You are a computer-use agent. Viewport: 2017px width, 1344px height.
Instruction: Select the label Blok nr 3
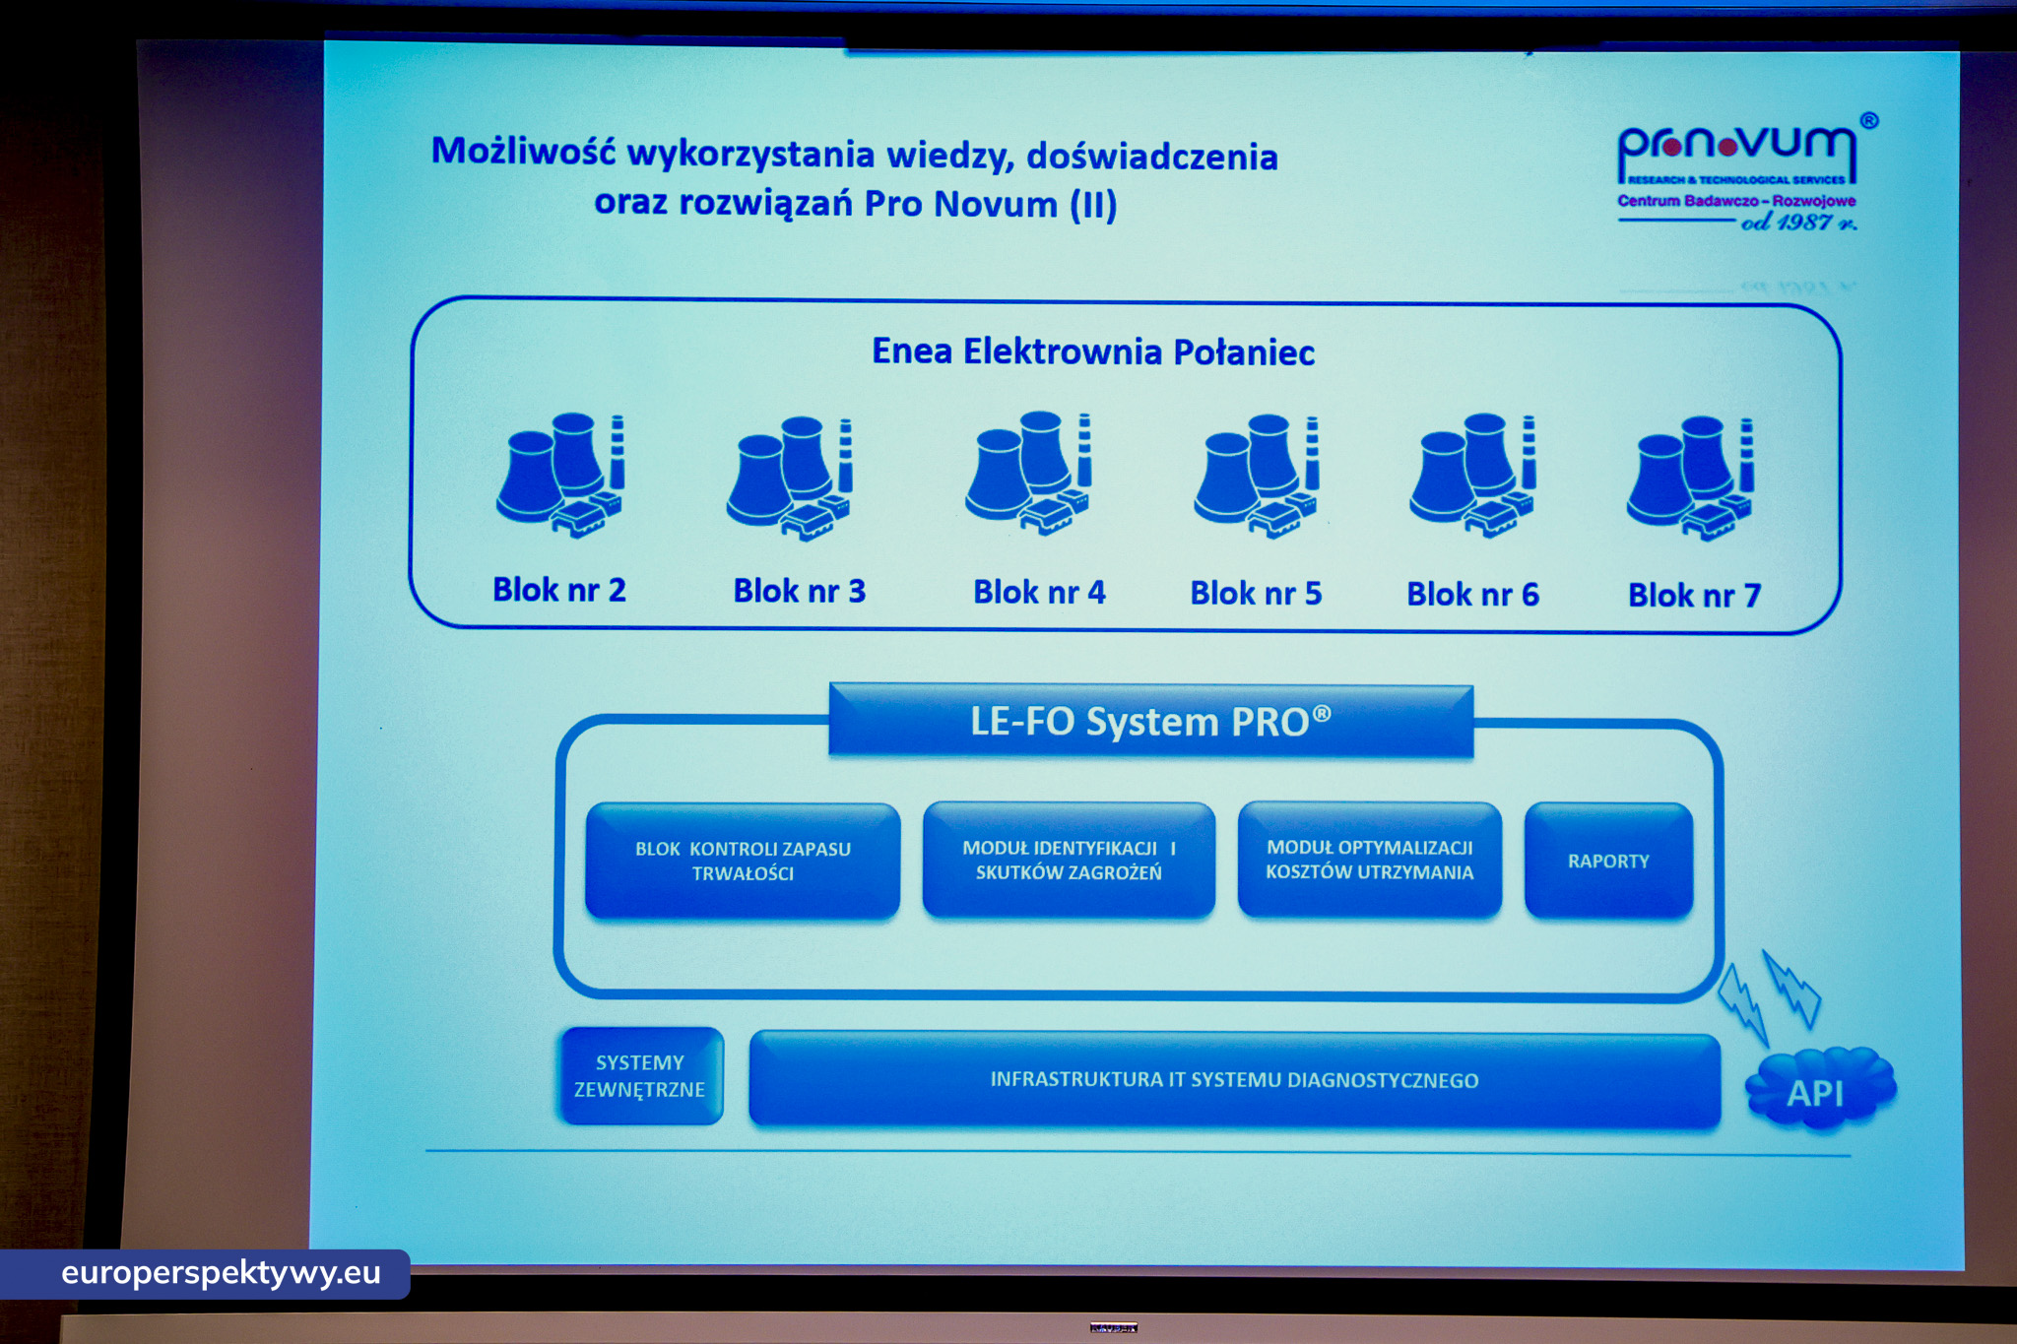(799, 591)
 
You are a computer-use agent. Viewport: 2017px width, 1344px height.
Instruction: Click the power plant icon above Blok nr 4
(1029, 473)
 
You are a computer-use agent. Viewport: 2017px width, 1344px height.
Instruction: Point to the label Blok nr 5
(1256, 593)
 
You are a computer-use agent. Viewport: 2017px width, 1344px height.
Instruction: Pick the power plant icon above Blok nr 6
(1473, 476)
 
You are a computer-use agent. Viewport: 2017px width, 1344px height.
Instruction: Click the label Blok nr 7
(1694, 595)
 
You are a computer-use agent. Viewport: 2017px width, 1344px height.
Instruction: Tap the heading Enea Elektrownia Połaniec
(1093, 352)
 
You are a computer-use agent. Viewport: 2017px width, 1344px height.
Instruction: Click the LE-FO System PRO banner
(1150, 721)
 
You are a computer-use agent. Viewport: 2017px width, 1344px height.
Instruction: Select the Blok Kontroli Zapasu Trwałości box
(743, 861)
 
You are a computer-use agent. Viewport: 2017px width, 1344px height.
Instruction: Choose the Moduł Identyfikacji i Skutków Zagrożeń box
(1069, 860)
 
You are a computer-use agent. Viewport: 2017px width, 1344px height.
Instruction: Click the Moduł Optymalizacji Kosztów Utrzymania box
(1369, 859)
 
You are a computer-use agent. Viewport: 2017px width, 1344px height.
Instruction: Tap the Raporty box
(1608, 861)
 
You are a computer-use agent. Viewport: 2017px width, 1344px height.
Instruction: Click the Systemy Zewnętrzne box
(640, 1075)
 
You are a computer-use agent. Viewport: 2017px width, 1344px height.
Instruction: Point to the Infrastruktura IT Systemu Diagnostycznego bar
(1234, 1079)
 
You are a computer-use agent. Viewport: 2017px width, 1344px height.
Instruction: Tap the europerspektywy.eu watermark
(221, 1273)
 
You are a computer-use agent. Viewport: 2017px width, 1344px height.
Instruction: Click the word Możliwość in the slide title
(523, 152)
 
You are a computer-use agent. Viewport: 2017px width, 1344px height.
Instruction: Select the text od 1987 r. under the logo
(1798, 223)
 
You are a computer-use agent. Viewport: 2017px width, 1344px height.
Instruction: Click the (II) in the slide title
(1093, 204)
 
